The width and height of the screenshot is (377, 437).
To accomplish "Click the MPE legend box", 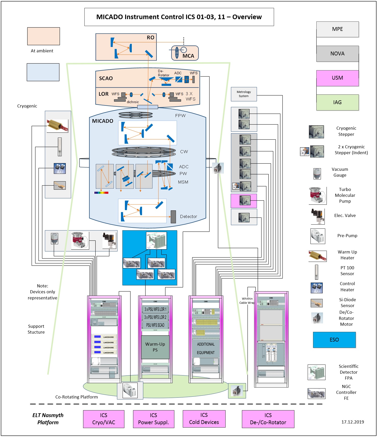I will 337,29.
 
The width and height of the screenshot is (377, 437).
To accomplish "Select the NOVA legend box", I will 337,54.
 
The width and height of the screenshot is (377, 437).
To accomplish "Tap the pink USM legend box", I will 337,78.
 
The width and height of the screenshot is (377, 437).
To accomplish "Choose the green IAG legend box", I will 337,102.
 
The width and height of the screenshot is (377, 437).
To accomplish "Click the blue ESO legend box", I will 334,340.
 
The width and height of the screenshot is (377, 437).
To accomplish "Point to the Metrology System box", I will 244,94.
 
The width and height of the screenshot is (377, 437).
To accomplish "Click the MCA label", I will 188,56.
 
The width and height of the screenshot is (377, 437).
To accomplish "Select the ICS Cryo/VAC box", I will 103,419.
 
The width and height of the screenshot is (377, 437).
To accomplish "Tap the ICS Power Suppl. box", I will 153,419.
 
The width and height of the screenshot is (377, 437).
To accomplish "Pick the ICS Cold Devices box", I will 204,419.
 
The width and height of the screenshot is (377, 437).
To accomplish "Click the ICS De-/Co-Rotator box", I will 268,419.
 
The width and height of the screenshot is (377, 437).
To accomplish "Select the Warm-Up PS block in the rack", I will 155,347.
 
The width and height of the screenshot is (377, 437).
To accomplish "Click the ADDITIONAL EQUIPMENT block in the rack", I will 206,348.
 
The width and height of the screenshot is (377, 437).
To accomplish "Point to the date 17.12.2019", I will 353,422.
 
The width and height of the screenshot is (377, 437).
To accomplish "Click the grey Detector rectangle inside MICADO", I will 173,217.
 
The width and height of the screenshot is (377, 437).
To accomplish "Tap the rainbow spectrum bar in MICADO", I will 101,193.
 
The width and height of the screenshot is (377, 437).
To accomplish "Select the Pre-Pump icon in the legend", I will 318,236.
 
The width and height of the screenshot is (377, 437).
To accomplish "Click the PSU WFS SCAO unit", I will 155,325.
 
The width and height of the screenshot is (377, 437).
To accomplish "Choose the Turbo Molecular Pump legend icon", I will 317,196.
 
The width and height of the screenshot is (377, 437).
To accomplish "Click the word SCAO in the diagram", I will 106,78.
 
